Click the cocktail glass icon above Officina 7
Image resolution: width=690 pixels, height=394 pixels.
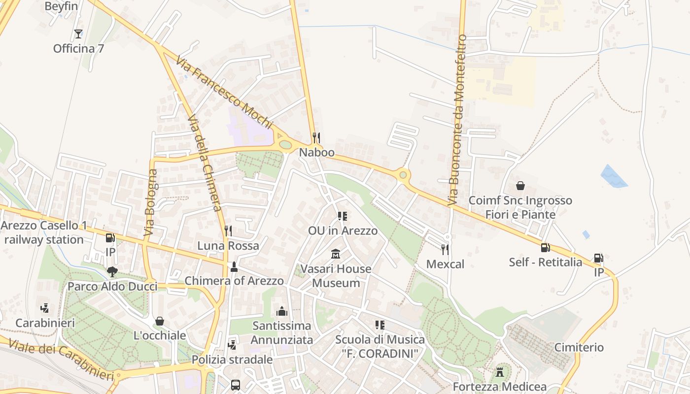tap(78, 34)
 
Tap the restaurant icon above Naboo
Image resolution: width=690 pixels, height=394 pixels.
tap(316, 137)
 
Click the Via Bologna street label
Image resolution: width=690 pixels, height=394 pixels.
tap(151, 202)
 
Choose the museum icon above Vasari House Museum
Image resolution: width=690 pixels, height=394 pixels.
tap(336, 254)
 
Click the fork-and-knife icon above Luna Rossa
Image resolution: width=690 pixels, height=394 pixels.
tap(228, 230)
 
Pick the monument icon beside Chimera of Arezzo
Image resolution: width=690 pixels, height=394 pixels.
tap(234, 267)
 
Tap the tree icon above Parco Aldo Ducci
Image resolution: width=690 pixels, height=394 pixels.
tap(112, 271)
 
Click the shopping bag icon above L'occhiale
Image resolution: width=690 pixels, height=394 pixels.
tap(160, 321)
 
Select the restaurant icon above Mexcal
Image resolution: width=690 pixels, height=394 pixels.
tap(445, 249)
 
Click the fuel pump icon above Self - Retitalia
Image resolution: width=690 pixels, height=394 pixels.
tap(546, 247)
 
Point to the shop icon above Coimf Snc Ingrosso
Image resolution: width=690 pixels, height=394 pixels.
tap(520, 186)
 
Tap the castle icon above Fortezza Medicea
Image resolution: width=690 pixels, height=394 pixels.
tap(500, 372)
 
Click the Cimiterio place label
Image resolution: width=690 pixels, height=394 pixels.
tap(579, 348)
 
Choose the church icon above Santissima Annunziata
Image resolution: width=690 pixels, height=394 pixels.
tap(282, 311)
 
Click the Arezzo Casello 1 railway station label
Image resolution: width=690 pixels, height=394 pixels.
tap(44, 233)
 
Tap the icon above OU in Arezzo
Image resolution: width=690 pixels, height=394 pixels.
tap(343, 216)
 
